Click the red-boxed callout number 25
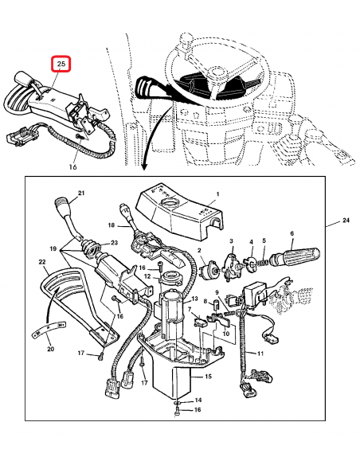click(x=61, y=64)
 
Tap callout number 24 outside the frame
click(x=346, y=221)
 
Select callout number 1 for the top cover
click(x=218, y=194)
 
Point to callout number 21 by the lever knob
click(x=81, y=193)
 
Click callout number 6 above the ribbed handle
click(x=292, y=233)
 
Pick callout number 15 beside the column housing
click(x=208, y=377)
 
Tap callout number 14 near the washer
click(x=198, y=400)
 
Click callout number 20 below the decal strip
click(x=51, y=349)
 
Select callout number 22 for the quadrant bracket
click(x=42, y=262)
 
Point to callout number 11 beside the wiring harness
click(x=260, y=354)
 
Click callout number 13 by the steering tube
click(x=194, y=298)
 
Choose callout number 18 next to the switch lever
click(x=112, y=225)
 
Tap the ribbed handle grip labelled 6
click(x=297, y=255)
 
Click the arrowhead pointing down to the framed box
click(x=144, y=168)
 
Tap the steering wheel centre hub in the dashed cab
click(x=217, y=72)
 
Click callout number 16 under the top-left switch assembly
click(x=72, y=167)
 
